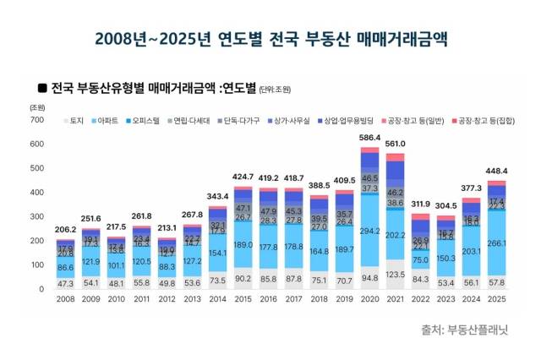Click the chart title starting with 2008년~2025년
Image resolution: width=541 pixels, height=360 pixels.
pos(270,39)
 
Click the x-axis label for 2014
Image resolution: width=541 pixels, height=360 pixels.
pos(218,300)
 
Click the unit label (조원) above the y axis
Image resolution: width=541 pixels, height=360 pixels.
pos(37,107)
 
